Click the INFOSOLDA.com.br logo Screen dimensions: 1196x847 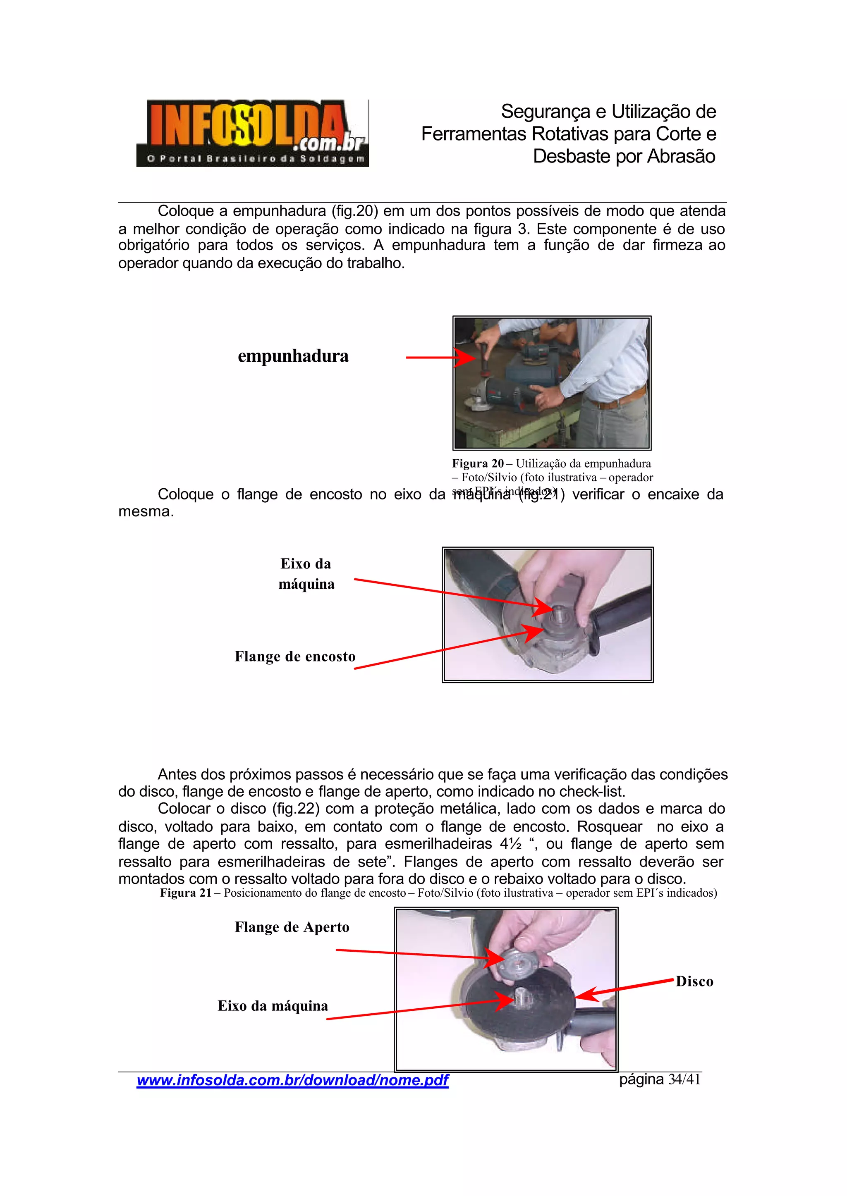[252, 133]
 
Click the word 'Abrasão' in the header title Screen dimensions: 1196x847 [681, 156]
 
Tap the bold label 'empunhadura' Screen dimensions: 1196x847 [293, 356]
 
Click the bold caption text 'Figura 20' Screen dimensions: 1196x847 [477, 463]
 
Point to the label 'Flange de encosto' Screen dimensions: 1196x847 [295, 656]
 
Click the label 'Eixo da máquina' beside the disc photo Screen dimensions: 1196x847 [273, 1006]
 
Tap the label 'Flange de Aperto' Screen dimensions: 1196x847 [292, 927]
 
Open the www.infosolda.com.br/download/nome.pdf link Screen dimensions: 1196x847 [292, 1080]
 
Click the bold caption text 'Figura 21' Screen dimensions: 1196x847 [185, 893]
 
